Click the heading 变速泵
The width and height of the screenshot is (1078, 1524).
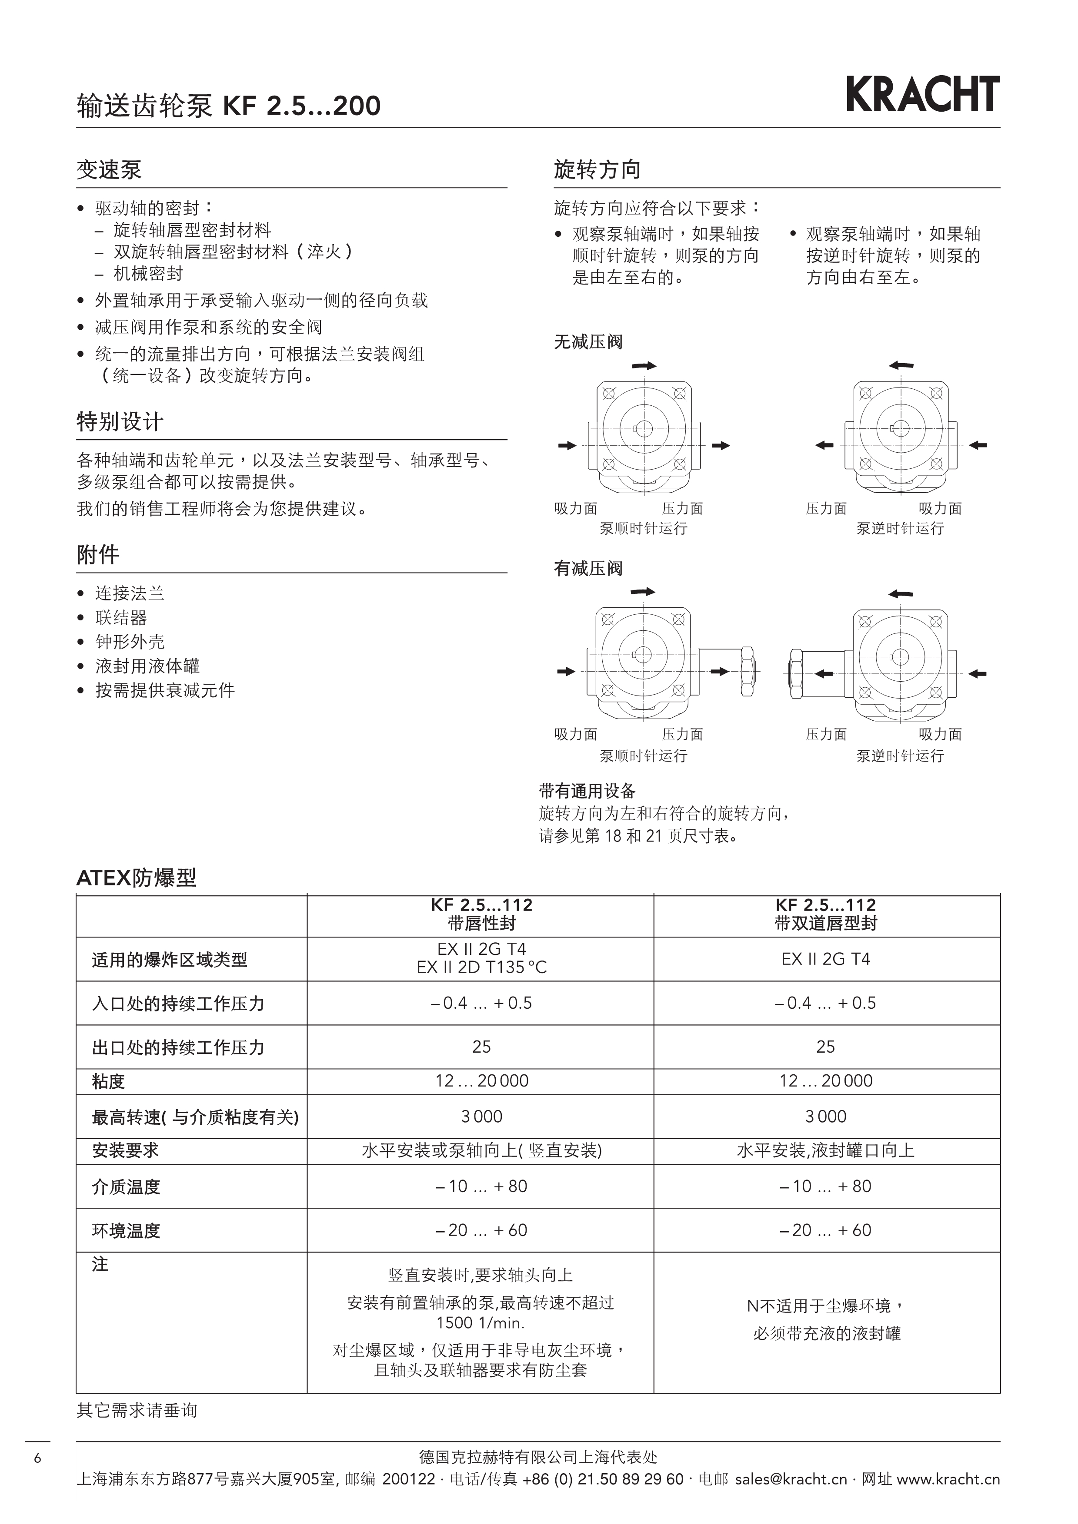click(x=109, y=170)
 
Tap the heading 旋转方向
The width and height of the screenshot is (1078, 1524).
click(x=597, y=170)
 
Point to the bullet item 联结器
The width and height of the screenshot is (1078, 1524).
click(x=121, y=618)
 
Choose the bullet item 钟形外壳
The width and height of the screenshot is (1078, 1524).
click(x=130, y=642)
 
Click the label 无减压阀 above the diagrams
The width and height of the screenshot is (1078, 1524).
click(x=588, y=342)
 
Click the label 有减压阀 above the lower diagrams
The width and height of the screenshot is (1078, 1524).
click(x=588, y=569)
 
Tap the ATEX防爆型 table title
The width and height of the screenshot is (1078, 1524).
click(x=136, y=878)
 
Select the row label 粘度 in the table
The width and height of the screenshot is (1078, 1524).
click(x=108, y=1082)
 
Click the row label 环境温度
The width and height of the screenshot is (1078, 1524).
click(x=126, y=1231)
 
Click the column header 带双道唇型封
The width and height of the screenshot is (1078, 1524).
click(x=826, y=923)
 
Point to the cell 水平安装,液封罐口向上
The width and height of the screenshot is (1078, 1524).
click(x=826, y=1150)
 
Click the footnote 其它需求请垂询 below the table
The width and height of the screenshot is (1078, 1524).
click(x=137, y=1410)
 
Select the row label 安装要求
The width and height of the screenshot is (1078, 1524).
click(x=126, y=1150)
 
